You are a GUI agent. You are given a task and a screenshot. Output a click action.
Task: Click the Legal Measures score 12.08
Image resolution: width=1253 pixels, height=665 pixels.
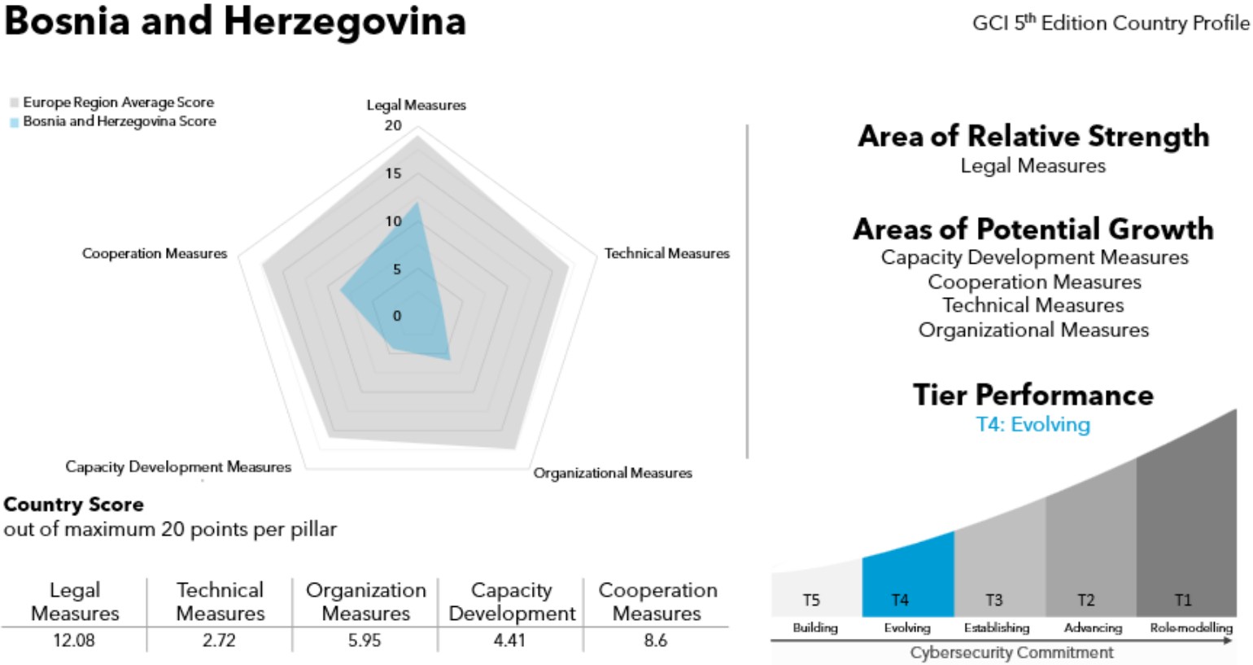tap(74, 641)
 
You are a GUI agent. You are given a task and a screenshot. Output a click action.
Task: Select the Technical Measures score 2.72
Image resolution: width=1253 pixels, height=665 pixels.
tap(219, 641)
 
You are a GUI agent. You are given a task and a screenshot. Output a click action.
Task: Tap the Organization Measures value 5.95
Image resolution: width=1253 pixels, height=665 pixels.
tap(365, 641)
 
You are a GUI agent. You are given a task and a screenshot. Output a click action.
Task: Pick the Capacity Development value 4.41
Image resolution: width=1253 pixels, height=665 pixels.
tap(510, 641)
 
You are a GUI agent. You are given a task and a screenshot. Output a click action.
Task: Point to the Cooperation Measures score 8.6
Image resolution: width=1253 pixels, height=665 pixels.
tap(656, 641)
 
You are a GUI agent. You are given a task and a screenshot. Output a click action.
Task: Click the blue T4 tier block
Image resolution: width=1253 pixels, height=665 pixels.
tap(907, 578)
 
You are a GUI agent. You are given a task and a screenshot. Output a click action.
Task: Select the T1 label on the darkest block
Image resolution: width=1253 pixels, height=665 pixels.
tap(1183, 600)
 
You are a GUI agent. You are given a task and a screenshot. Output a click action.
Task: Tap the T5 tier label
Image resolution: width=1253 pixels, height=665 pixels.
tap(811, 600)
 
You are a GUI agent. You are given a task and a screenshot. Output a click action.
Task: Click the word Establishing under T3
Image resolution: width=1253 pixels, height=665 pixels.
tap(997, 628)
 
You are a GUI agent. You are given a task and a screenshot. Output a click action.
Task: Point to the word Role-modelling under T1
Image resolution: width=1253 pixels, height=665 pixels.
tap(1191, 628)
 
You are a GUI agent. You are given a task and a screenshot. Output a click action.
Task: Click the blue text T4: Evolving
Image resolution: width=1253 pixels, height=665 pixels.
tap(1033, 424)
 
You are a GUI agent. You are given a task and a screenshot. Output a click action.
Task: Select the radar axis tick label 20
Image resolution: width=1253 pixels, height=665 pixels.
tap(393, 125)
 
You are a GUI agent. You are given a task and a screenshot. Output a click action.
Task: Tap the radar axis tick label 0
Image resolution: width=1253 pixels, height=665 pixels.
tap(397, 316)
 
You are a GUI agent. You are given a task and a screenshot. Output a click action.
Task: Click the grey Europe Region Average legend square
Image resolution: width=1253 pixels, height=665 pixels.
tap(14, 103)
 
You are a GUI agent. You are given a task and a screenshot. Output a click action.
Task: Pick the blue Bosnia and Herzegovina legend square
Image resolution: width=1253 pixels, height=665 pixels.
tap(14, 122)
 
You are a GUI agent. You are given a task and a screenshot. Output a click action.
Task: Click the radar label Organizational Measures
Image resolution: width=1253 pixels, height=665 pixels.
tap(613, 473)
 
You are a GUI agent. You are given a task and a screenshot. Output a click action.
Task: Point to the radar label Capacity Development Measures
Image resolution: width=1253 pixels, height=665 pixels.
tap(178, 466)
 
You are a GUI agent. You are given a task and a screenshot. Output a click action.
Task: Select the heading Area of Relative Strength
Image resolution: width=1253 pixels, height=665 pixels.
tap(1033, 136)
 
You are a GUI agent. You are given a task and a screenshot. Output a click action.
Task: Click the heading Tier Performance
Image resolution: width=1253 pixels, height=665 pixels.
tap(1033, 395)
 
